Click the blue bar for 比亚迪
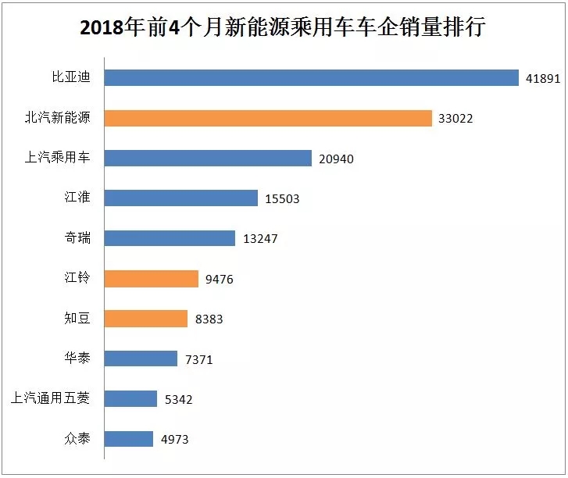point(311,78)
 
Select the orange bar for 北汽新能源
point(268,118)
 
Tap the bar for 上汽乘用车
point(208,159)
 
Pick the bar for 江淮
point(180,198)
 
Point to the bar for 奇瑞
point(170,238)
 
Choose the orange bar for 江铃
point(151,279)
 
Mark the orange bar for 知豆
point(145,319)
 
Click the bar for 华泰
point(141,358)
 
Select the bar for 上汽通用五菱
point(130,398)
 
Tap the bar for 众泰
point(128,439)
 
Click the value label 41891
point(541,79)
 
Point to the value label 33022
point(455,119)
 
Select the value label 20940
point(337,159)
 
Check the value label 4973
point(175,440)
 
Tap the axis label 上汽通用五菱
point(51,398)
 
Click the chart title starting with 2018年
point(283,29)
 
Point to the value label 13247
point(260,239)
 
